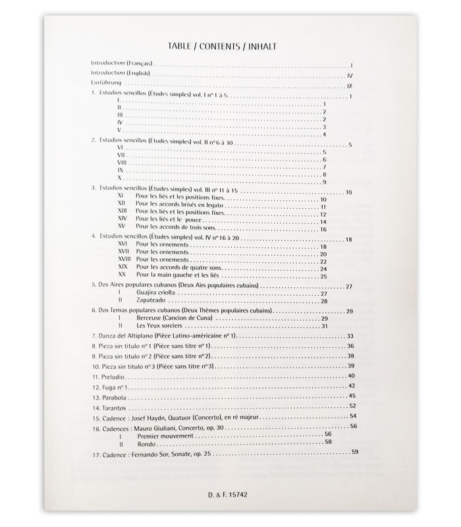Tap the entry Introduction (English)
pyautogui.click(x=121, y=74)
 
